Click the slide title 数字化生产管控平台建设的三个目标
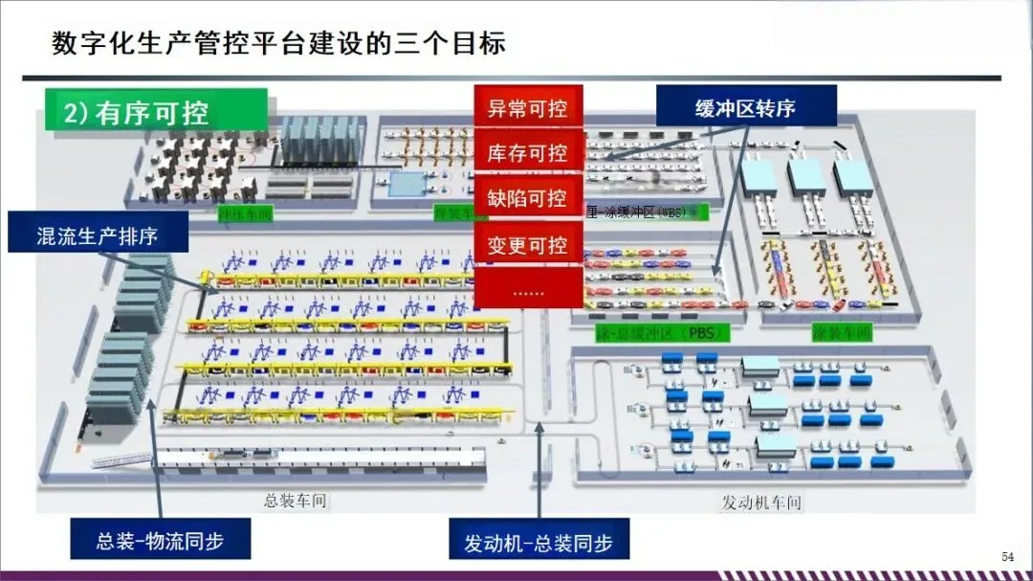[x=277, y=44]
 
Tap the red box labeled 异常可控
[x=528, y=107]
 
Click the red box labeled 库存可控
[x=528, y=153]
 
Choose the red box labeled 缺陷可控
[x=528, y=199]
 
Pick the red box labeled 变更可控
[x=528, y=245]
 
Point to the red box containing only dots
[x=528, y=289]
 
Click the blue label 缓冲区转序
[x=745, y=107]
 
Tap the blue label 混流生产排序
[x=98, y=235]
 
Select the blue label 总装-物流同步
[x=160, y=541]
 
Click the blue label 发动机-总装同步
[x=538, y=543]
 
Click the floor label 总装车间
[x=297, y=501]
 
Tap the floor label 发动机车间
[x=760, y=503]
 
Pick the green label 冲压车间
[x=245, y=212]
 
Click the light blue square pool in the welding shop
[x=408, y=182]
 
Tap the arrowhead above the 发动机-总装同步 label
[x=539, y=428]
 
